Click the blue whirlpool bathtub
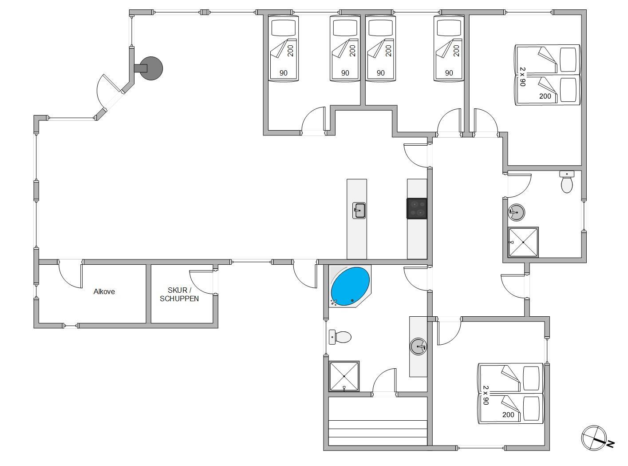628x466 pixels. click(350, 286)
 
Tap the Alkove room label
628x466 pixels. click(104, 292)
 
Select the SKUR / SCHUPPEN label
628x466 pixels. click(179, 294)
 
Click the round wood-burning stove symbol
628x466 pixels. click(151, 68)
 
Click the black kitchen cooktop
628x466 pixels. click(417, 209)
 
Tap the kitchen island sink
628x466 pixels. click(359, 210)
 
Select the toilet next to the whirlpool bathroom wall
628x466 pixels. click(340, 337)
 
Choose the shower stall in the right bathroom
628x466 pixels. click(523, 243)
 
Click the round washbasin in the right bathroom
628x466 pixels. click(516, 212)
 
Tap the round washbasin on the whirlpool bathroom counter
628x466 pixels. click(418, 347)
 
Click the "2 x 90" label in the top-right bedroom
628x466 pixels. click(523, 76)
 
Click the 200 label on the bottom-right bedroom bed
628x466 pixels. click(508, 415)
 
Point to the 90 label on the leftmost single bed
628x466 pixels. click(284, 73)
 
